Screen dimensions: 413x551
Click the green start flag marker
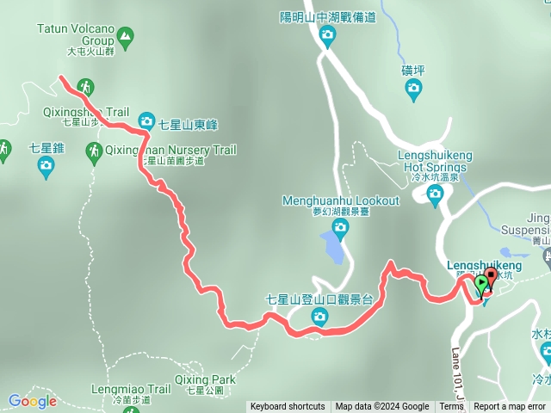480,285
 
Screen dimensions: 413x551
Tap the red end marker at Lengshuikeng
491,277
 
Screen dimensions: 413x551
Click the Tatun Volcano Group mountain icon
126,36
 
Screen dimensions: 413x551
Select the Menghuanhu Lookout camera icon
340,226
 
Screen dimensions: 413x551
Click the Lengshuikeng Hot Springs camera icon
435,196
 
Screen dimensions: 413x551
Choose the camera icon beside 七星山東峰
145,120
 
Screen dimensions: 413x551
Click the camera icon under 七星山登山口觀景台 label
319,317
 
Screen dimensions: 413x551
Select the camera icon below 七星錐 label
46,168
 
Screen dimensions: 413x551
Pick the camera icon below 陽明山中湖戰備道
326,34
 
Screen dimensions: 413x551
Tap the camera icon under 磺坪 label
413,87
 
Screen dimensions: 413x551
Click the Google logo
32,401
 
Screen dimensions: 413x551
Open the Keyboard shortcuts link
288,407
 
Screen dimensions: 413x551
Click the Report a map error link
510,407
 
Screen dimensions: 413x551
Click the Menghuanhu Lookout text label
341,201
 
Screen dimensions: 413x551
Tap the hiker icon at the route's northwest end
84,86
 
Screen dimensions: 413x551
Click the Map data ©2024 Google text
382,407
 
